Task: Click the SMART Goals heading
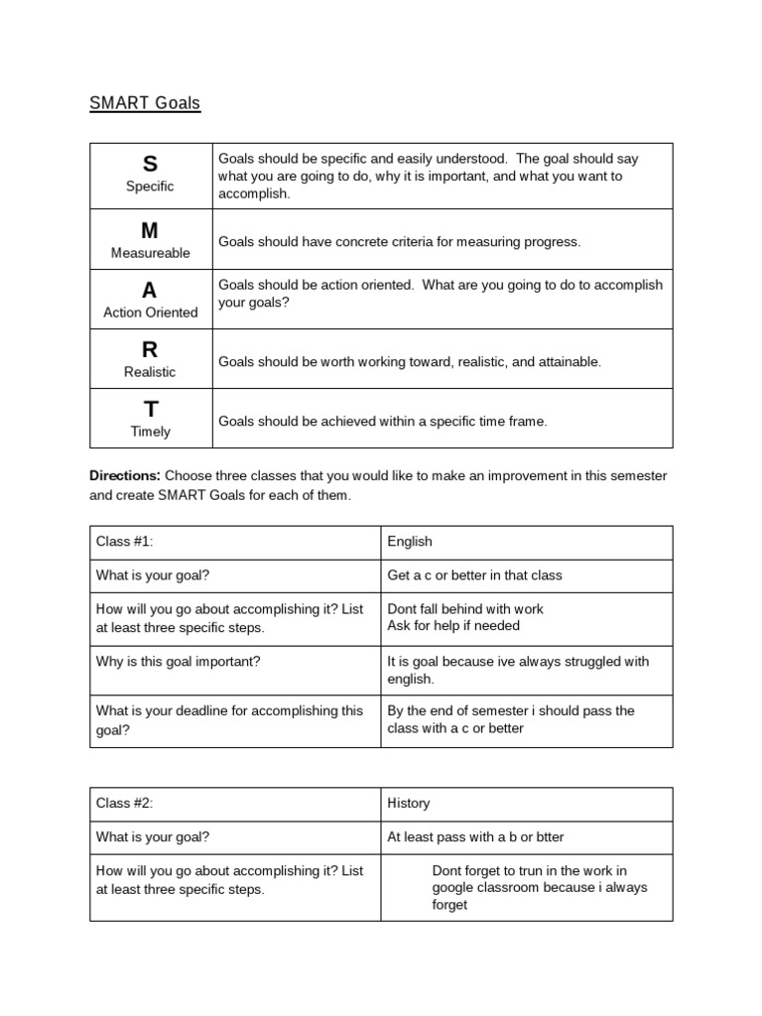coord(145,103)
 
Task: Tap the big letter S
coord(150,165)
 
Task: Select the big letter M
coord(150,230)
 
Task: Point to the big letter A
coord(150,290)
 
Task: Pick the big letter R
coord(150,349)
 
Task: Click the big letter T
coord(150,409)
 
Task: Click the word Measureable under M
coord(150,253)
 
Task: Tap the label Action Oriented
coord(150,313)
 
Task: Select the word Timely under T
coord(150,432)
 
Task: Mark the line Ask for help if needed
coord(453,626)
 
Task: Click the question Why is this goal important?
coord(179,661)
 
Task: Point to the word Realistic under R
coord(150,372)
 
